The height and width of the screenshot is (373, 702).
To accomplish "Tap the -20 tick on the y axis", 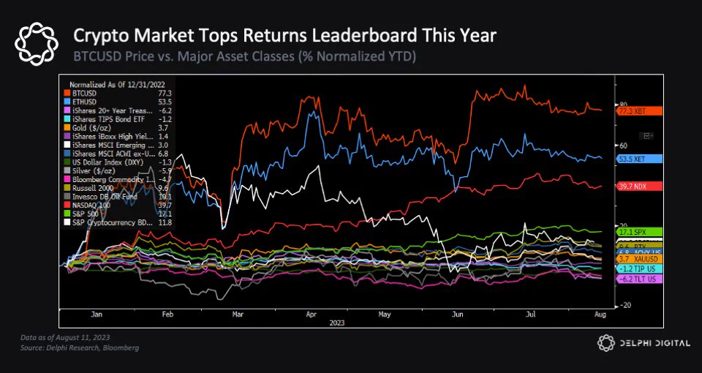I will (627, 306).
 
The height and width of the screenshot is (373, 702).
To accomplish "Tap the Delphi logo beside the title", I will (37, 43).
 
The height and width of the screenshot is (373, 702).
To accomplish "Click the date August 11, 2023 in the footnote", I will (83, 337).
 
